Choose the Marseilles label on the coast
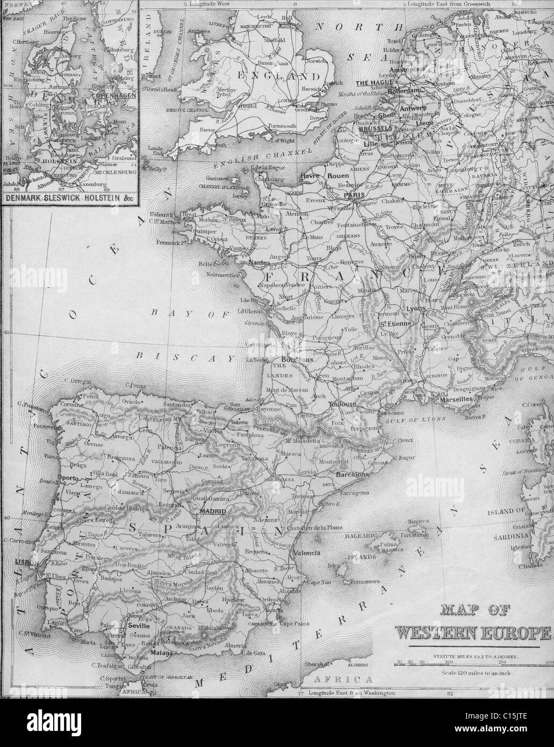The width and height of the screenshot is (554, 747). click(455, 400)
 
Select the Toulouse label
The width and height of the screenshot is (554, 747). click(344, 404)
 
